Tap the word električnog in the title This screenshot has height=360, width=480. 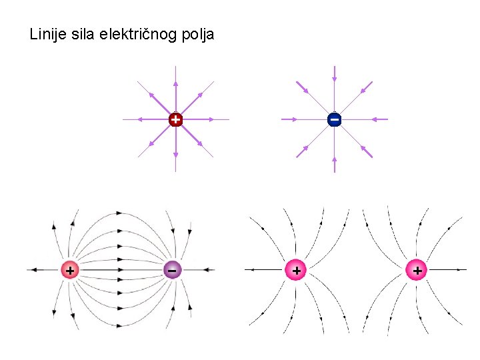[x=139, y=34]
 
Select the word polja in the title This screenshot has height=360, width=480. [x=197, y=35]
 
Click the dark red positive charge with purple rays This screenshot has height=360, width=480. [x=175, y=120]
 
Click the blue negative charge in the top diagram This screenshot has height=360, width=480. [x=334, y=119]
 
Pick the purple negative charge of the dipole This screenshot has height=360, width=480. [x=172, y=270]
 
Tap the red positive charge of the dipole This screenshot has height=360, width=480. [x=69, y=270]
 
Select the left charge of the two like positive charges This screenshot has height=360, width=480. [x=296, y=270]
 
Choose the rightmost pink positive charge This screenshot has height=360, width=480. [x=417, y=270]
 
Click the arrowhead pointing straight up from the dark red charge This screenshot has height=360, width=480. [x=175, y=85]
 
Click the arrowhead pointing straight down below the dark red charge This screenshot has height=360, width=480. [x=175, y=155]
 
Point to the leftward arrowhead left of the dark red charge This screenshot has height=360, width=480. [x=141, y=120]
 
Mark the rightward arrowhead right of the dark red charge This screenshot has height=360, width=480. [x=211, y=120]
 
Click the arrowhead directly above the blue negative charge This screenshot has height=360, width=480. [x=334, y=79]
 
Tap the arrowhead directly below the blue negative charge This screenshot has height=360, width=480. [x=334, y=160]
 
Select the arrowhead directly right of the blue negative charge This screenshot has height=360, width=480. [x=375, y=119]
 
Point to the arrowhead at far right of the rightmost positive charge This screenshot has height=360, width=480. [x=461, y=270]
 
